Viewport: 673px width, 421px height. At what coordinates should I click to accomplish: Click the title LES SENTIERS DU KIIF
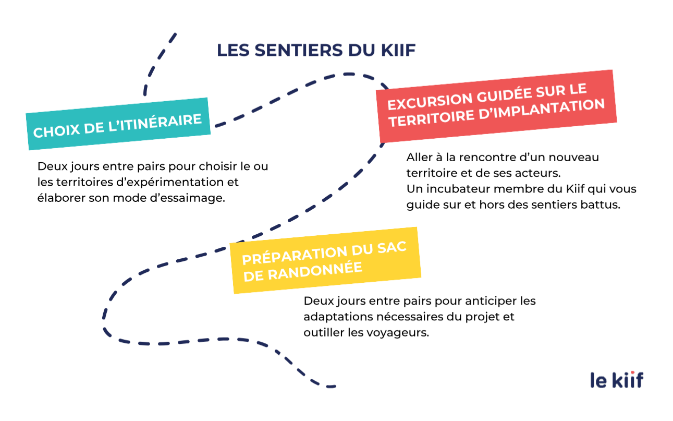coord(316,50)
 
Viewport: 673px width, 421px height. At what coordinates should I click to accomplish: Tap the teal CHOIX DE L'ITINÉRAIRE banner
coord(118,124)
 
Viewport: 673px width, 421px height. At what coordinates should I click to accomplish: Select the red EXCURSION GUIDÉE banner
coord(496,106)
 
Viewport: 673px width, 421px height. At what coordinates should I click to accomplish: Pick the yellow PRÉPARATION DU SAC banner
coord(325,260)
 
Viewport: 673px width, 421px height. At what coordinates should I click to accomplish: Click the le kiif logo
coord(617,380)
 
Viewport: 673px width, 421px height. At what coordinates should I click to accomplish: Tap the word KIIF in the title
coord(398,50)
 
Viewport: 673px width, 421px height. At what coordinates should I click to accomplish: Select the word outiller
coord(324,333)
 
